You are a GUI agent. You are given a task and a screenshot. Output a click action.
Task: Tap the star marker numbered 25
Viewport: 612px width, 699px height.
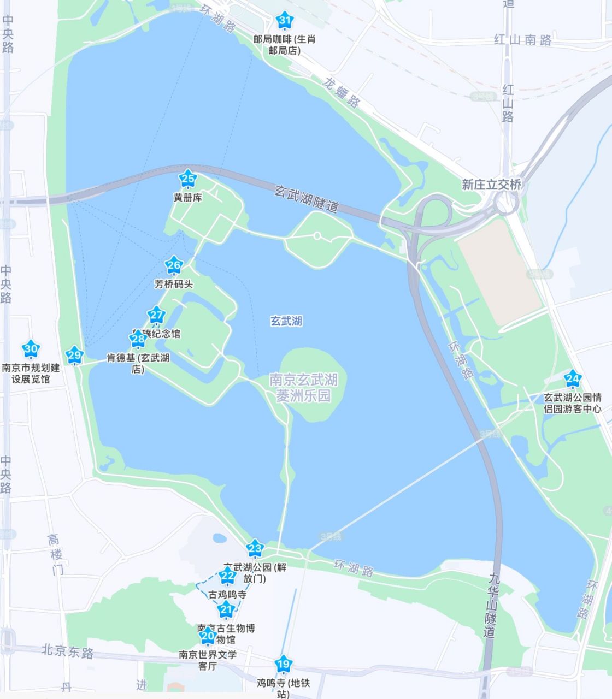(188, 179)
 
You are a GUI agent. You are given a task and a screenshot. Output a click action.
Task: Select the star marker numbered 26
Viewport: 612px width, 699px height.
(174, 265)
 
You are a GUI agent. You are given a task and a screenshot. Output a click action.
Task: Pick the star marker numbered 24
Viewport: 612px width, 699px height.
(573, 378)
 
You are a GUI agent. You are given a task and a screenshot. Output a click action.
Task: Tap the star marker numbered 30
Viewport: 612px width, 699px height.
(31, 348)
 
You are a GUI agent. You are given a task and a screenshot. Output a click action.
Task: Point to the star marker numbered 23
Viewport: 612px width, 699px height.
(255, 547)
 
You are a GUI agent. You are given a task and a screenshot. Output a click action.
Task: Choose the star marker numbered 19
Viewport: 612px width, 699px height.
(283, 664)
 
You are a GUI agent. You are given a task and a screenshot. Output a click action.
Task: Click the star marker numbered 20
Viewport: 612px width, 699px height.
(208, 636)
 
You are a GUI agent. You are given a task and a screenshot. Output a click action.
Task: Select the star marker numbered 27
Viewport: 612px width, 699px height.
(156, 315)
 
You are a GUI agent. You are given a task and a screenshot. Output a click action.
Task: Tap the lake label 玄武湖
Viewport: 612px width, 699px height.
(286, 321)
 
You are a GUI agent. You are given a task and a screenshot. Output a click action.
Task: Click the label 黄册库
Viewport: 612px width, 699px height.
(188, 198)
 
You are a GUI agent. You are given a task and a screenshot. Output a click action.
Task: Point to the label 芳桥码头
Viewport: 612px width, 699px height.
(174, 285)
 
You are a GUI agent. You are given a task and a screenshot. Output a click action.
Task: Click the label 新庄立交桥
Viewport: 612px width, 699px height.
(491, 185)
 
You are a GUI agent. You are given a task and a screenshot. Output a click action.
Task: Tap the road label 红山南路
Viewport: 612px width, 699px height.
(522, 40)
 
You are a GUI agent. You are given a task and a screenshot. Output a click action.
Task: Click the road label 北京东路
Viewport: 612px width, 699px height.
(68, 650)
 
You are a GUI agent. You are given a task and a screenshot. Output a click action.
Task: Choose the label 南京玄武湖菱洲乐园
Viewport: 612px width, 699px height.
(303, 387)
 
